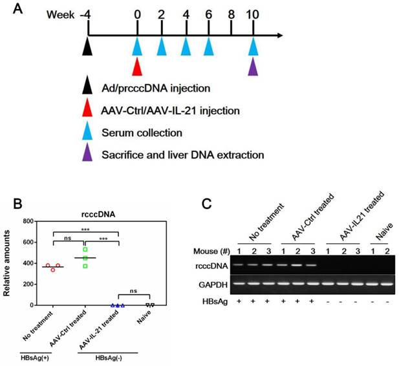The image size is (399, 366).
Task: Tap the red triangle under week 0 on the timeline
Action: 137,67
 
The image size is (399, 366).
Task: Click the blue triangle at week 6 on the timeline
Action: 208,47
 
